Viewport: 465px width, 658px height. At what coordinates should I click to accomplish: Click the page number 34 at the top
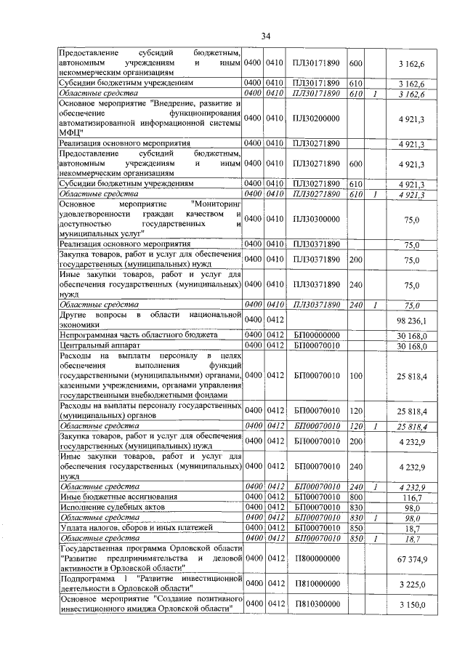266,36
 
